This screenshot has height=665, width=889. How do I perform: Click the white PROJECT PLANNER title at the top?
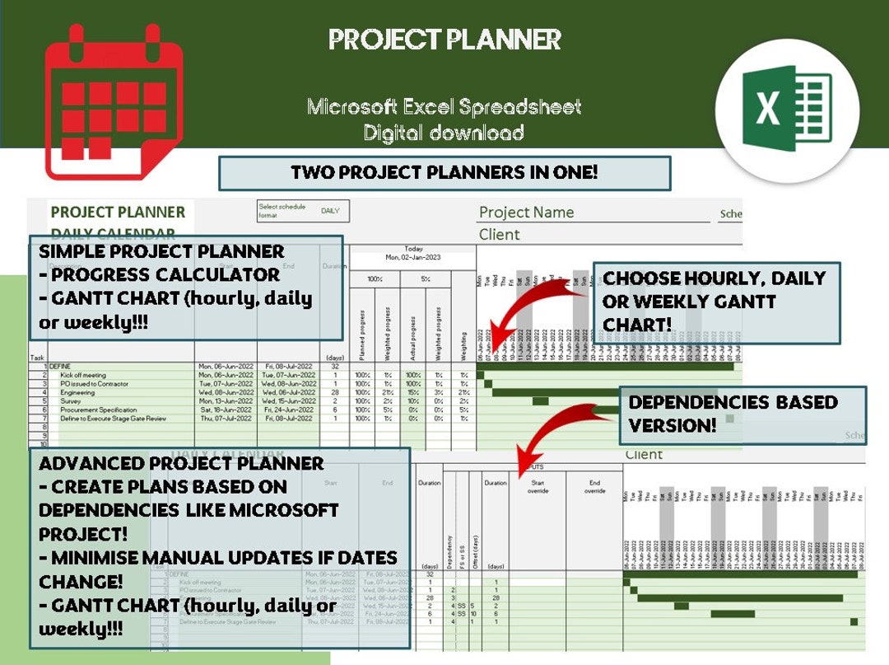click(x=444, y=39)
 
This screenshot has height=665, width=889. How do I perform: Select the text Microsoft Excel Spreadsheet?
click(x=444, y=107)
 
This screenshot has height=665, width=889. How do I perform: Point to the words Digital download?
click(x=444, y=133)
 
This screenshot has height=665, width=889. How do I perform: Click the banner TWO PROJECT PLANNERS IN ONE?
click(x=444, y=173)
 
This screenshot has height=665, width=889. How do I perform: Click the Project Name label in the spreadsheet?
click(x=526, y=213)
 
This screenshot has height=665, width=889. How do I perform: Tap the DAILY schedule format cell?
click(x=330, y=211)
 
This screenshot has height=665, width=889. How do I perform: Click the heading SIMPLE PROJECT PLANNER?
click(x=161, y=251)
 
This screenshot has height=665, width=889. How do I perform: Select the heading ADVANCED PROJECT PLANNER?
click(x=181, y=463)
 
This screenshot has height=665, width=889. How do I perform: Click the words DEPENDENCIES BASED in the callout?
click(x=733, y=403)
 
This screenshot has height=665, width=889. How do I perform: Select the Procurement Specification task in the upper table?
click(x=98, y=410)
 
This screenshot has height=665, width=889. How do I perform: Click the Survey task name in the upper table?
click(x=71, y=401)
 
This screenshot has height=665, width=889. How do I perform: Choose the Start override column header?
click(x=539, y=486)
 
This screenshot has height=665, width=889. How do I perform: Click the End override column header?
click(x=595, y=486)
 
